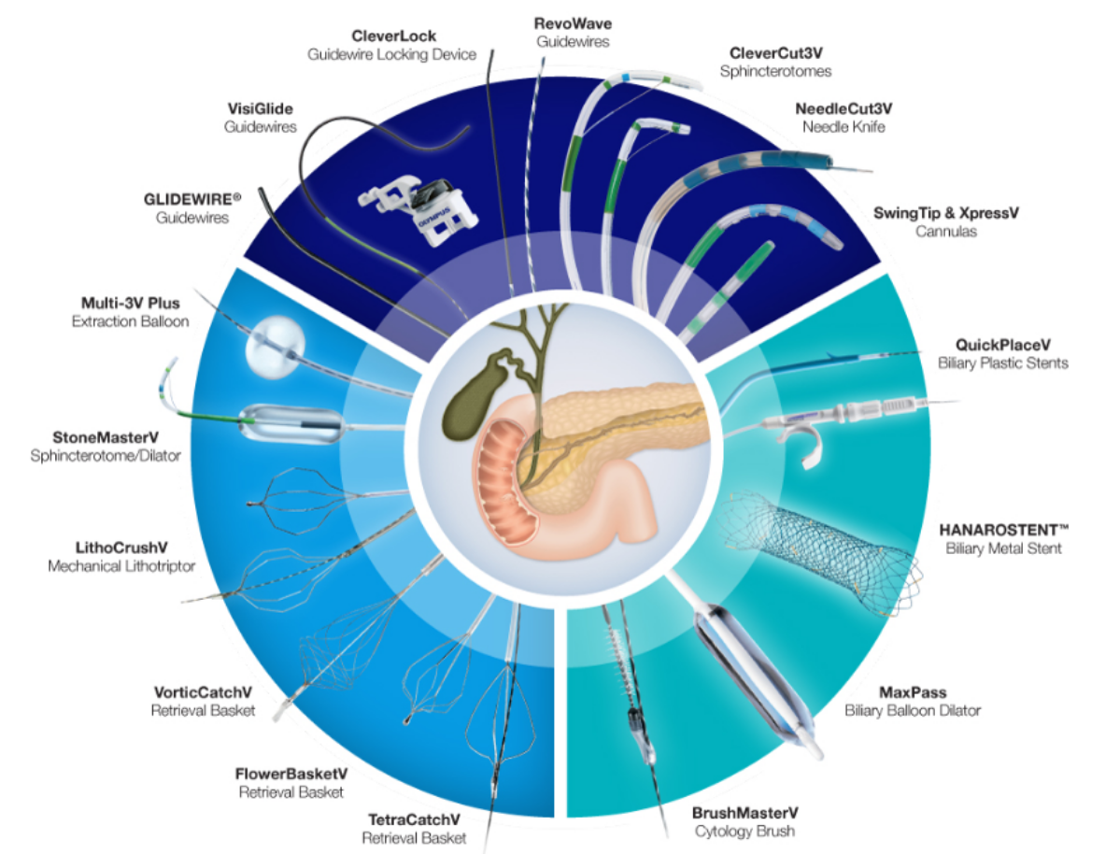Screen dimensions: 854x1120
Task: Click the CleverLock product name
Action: click(x=392, y=36)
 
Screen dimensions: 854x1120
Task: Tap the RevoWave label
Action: click(x=574, y=23)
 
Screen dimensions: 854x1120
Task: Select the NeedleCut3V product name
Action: click(x=844, y=107)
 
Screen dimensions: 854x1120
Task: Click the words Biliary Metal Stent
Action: click(x=1002, y=548)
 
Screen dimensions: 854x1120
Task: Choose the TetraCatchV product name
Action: click(x=413, y=820)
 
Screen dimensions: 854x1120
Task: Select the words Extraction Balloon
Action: click(x=130, y=320)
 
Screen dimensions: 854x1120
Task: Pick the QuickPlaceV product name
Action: click(x=1002, y=344)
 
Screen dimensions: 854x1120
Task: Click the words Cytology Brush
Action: click(x=744, y=831)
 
